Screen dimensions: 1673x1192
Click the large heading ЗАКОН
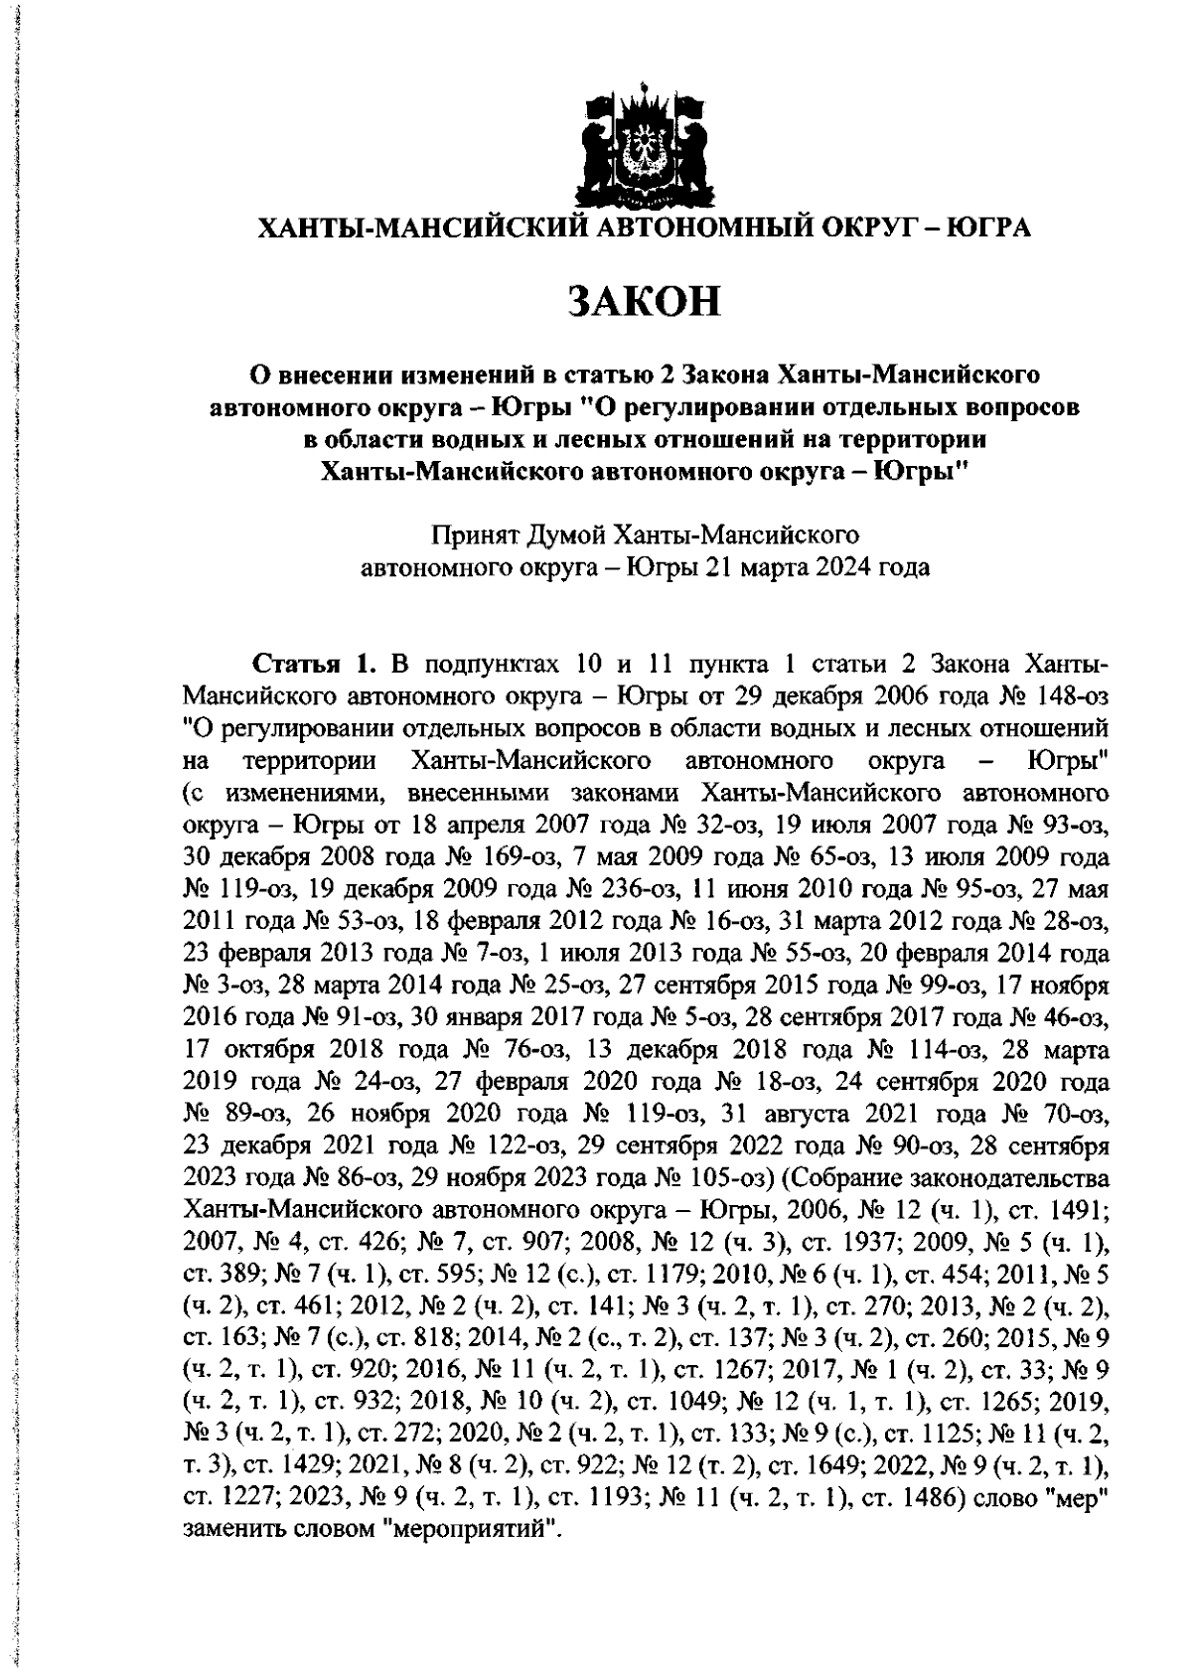coord(644,300)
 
